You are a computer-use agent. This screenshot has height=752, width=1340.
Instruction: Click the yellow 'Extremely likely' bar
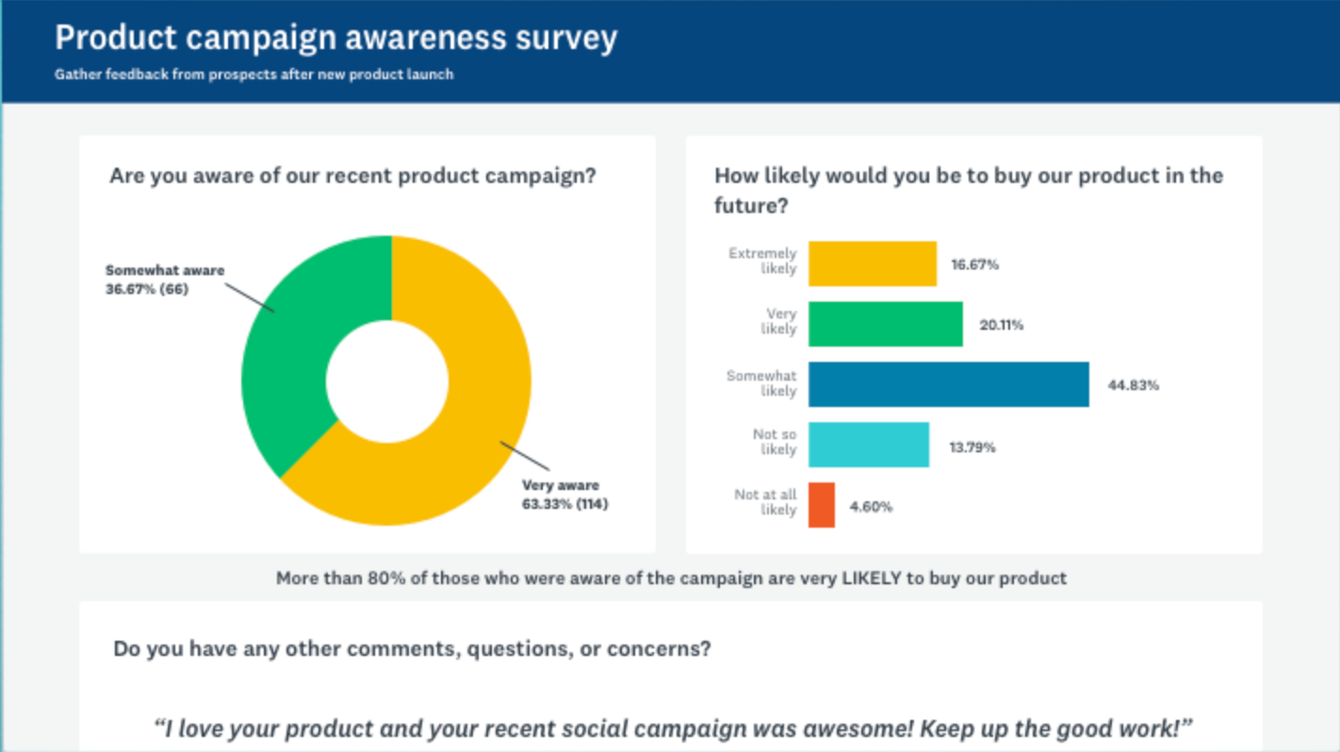[x=873, y=264]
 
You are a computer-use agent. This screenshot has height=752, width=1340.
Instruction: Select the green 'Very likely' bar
[x=886, y=324]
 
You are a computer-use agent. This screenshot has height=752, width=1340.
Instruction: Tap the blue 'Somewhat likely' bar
[x=948, y=384]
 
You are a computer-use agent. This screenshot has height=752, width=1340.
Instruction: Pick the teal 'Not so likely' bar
[x=869, y=445]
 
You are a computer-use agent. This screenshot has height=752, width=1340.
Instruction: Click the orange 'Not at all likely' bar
[x=822, y=505]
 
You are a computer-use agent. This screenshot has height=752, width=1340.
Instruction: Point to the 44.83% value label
[x=1133, y=385]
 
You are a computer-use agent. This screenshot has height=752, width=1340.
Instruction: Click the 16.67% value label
[x=974, y=265]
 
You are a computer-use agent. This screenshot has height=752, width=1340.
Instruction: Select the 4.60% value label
[x=871, y=507]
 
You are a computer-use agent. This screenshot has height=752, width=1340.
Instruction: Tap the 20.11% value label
[x=1000, y=325]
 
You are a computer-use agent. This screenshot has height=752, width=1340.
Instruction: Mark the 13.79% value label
[x=972, y=447]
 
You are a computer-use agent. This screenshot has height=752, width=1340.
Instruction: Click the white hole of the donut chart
[x=386, y=381]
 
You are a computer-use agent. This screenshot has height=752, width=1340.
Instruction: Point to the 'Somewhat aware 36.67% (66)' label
[x=165, y=280]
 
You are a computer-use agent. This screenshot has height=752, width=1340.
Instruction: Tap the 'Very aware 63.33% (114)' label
[x=564, y=495]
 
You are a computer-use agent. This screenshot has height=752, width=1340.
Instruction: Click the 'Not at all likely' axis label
[x=765, y=502]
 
